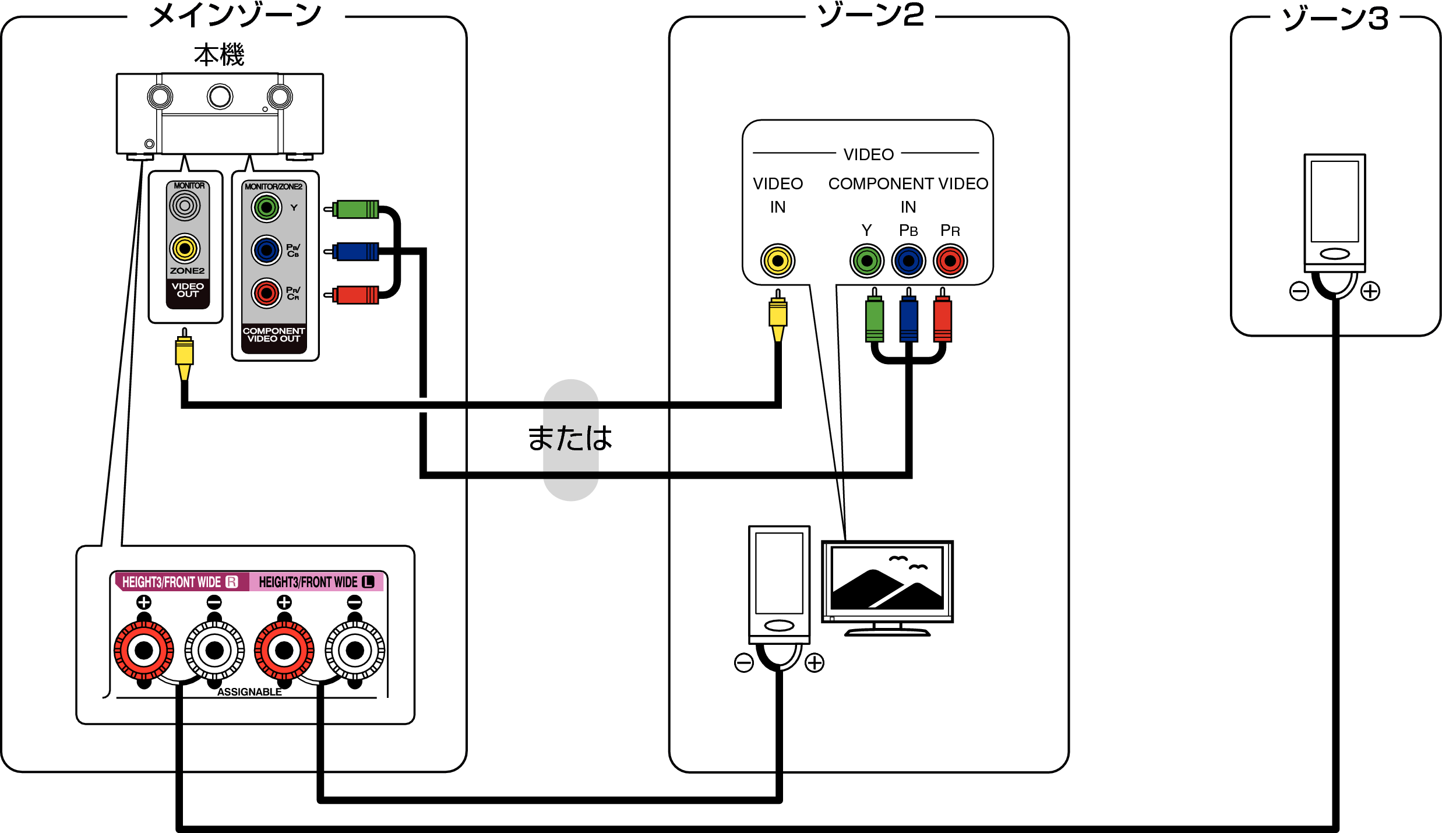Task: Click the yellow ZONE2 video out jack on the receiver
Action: [185, 249]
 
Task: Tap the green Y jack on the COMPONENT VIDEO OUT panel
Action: [266, 207]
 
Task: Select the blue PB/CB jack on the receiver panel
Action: [266, 250]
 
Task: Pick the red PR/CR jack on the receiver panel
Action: [266, 293]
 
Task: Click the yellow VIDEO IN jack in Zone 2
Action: [777, 260]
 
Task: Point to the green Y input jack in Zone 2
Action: [867, 260]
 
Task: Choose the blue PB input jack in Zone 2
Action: [908, 260]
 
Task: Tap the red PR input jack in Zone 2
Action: [950, 260]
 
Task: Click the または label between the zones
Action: [570, 439]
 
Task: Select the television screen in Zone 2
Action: [887, 578]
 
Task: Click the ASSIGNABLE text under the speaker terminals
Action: [249, 692]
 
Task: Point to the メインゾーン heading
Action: [235, 15]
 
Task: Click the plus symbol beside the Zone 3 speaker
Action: [1370, 291]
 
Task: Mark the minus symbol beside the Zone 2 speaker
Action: [744, 662]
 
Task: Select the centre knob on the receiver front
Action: [220, 97]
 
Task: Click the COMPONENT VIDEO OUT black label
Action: [274, 335]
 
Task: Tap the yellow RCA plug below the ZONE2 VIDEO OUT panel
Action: [184, 352]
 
